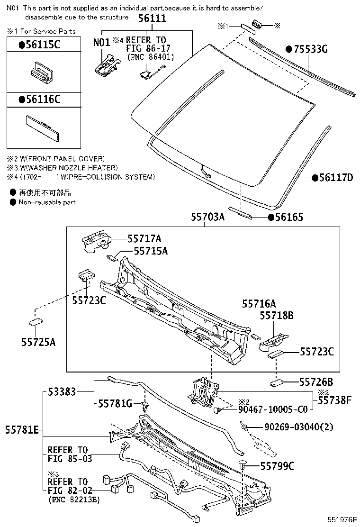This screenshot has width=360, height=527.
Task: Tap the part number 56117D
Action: point(336,178)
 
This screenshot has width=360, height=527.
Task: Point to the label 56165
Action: point(288,218)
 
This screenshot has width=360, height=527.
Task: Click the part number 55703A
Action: point(207,217)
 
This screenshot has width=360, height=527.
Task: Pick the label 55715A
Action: point(150,251)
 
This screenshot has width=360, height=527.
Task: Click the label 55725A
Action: point(38,341)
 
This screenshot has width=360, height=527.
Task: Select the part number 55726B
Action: point(316,382)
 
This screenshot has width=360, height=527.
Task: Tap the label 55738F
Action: point(334,400)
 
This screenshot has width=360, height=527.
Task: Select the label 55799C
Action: point(277,467)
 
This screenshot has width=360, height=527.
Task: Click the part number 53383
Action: point(63,392)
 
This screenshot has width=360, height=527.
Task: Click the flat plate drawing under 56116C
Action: point(43,127)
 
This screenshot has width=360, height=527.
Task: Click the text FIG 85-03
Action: point(70,459)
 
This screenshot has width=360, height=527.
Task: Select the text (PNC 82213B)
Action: point(74,500)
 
